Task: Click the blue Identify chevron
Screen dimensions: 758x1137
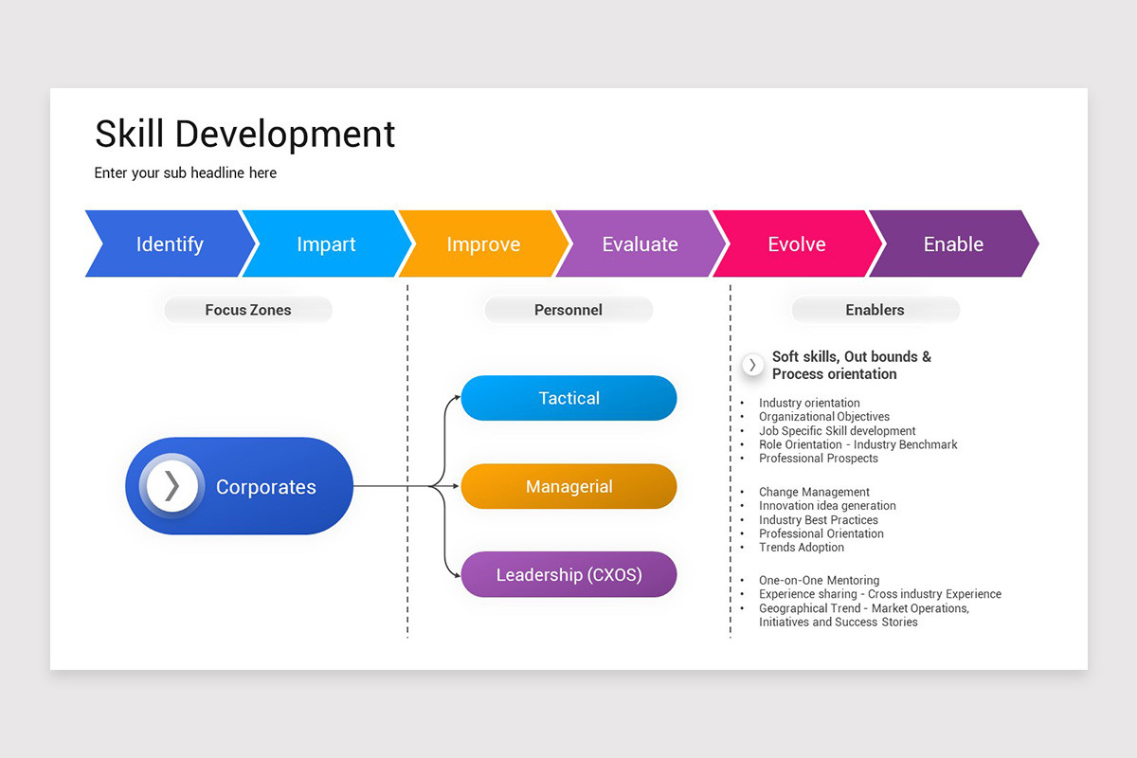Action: click(x=170, y=244)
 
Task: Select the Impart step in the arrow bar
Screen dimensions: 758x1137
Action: click(x=326, y=244)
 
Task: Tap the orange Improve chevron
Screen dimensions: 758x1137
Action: click(x=483, y=244)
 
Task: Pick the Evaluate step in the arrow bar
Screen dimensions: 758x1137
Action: click(x=640, y=244)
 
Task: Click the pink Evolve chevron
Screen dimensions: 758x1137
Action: click(x=796, y=244)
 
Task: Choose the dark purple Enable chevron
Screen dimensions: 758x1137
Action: click(x=953, y=244)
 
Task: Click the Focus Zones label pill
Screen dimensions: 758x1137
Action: click(x=248, y=310)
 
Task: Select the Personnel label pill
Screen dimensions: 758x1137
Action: click(x=568, y=310)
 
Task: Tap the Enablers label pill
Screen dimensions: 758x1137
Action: click(x=875, y=310)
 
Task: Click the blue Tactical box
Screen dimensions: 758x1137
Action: click(x=568, y=398)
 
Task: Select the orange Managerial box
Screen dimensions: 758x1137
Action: click(x=568, y=487)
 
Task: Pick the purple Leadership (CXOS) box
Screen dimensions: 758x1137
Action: click(x=568, y=575)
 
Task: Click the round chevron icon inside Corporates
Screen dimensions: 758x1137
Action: click(x=171, y=486)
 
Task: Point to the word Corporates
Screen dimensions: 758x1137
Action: click(x=265, y=487)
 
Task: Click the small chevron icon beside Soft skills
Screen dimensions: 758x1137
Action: click(x=752, y=365)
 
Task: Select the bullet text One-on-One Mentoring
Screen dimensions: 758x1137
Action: click(x=819, y=580)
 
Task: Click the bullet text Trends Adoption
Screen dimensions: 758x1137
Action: click(x=801, y=547)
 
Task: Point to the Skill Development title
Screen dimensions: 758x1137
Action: click(x=244, y=135)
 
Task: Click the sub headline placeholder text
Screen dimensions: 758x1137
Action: click(x=186, y=173)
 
